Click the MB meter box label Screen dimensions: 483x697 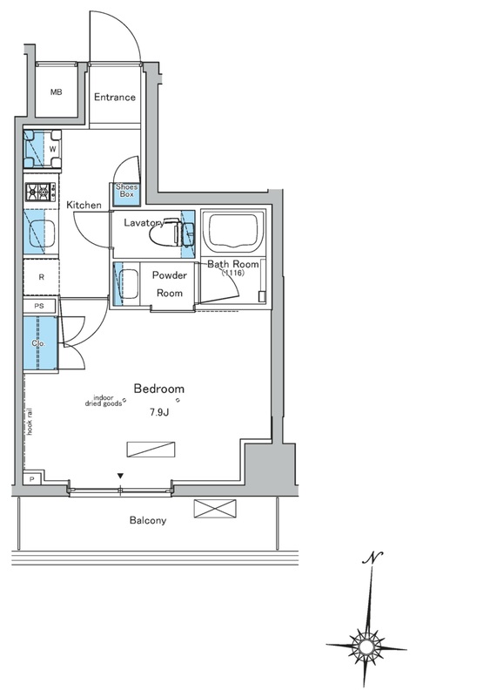56,92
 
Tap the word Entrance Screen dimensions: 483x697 115,97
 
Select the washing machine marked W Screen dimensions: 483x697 43,149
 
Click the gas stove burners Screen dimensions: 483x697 41,192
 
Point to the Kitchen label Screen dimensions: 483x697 84,205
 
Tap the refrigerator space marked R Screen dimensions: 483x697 41,277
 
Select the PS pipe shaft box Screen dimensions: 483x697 39,307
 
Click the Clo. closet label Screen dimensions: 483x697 38,343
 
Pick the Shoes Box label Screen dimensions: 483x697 126,191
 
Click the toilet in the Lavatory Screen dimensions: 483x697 171,231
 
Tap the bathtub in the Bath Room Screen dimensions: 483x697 233,230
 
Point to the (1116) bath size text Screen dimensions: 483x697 233,273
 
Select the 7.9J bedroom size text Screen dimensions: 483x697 159,412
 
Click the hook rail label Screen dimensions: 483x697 30,421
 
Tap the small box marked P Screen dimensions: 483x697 32,478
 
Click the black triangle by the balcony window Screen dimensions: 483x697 120,476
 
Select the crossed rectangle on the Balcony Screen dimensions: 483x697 215,509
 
